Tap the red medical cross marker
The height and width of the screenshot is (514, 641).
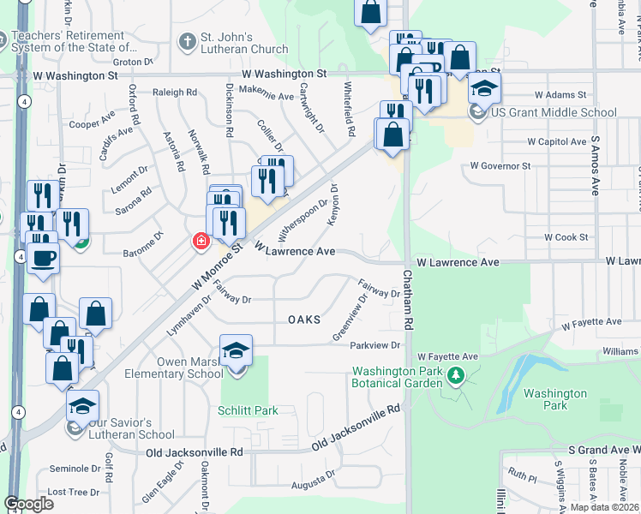pos(201,242)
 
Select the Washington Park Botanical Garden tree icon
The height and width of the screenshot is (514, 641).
pos(456,374)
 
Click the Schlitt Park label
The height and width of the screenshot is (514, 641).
pos(249,410)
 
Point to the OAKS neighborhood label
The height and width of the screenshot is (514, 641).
pos(304,320)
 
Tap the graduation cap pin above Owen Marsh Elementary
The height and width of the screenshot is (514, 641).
pos(237,351)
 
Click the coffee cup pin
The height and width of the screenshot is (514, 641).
pos(43,258)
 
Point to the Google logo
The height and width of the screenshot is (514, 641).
pos(28,504)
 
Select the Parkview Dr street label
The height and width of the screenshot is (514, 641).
pos(375,345)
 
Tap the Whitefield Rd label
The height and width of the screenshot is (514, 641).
pos(349,111)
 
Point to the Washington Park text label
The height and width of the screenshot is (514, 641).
pos(554,401)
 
